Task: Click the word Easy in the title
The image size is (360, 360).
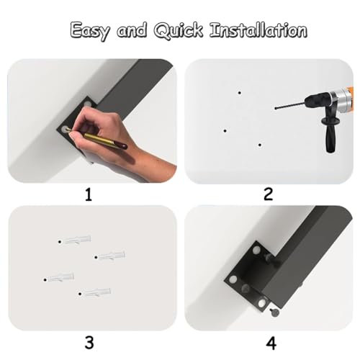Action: pos(90,31)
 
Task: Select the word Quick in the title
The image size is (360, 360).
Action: pos(179,30)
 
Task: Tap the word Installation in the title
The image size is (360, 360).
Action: pos(258,30)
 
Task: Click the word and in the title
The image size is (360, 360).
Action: pos(132,30)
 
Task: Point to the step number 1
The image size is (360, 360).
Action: pos(89,194)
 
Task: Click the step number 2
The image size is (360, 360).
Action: pos(268,194)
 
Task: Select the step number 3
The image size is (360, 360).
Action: pos(89,343)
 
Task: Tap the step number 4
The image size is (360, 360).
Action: pos(271,343)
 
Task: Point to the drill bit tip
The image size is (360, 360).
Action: pos(276,109)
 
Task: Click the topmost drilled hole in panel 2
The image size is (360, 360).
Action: pos(240,93)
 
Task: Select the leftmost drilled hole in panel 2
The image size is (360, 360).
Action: pos(225,131)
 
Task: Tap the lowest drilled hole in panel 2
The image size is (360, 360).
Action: pos(260,145)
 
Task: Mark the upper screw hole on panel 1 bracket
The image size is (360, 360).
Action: pos(88,104)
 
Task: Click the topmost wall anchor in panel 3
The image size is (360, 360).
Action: pos(75,240)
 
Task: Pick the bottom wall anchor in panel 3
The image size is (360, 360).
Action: pos(94,292)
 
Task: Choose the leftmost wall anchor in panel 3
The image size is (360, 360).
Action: pos(59,278)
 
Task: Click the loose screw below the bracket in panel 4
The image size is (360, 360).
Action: pos(274,312)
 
